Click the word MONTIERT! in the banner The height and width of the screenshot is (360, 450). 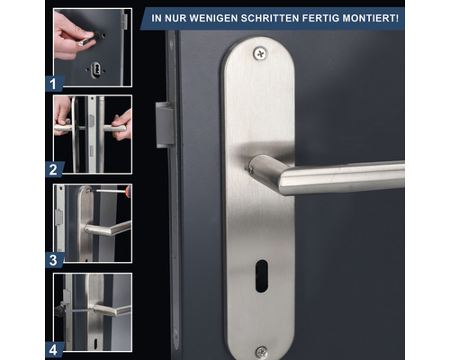click(x=371, y=18)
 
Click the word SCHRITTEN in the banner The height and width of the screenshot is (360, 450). click(x=270, y=18)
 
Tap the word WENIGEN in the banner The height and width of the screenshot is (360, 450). click(x=213, y=18)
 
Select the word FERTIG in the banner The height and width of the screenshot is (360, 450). click(x=320, y=18)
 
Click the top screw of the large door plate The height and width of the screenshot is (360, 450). click(x=260, y=54)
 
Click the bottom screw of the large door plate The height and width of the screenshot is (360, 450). click(x=261, y=352)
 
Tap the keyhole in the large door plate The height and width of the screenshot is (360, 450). click(x=262, y=276)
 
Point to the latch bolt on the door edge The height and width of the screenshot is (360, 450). click(x=165, y=125)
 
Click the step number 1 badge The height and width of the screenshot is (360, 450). click(x=54, y=84)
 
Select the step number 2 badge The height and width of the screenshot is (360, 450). click(x=54, y=169)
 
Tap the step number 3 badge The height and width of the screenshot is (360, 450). click(x=54, y=260)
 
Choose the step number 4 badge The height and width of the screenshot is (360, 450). click(x=54, y=350)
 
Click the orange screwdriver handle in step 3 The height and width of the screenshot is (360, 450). click(x=129, y=191)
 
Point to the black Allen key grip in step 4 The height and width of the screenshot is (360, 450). click(x=59, y=310)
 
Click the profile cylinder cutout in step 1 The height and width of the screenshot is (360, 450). click(x=95, y=69)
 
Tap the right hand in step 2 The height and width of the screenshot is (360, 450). click(x=123, y=125)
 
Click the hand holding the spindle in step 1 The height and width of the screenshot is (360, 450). click(x=71, y=35)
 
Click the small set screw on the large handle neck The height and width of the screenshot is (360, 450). click(x=250, y=169)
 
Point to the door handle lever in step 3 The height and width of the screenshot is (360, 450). click(x=107, y=229)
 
